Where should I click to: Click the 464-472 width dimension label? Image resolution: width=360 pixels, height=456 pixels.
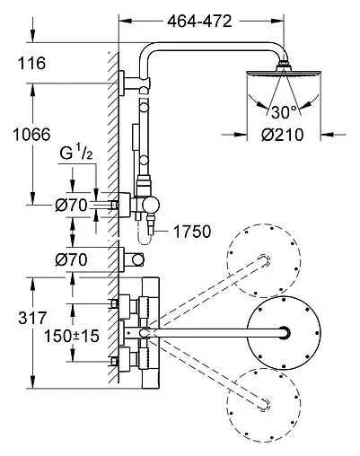[199, 22]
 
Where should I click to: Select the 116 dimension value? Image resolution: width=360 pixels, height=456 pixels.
[32, 63]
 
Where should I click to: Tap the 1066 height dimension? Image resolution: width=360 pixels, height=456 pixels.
[31, 135]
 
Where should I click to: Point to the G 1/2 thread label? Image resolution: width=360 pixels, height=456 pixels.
[76, 153]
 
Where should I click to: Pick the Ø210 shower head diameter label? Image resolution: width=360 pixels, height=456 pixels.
[283, 135]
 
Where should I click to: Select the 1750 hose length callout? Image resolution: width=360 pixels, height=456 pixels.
[192, 232]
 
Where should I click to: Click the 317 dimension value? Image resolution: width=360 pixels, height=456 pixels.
[32, 318]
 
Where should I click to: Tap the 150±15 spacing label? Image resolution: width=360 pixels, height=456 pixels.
[72, 336]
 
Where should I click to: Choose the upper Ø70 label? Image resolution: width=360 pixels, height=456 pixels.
[71, 206]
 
